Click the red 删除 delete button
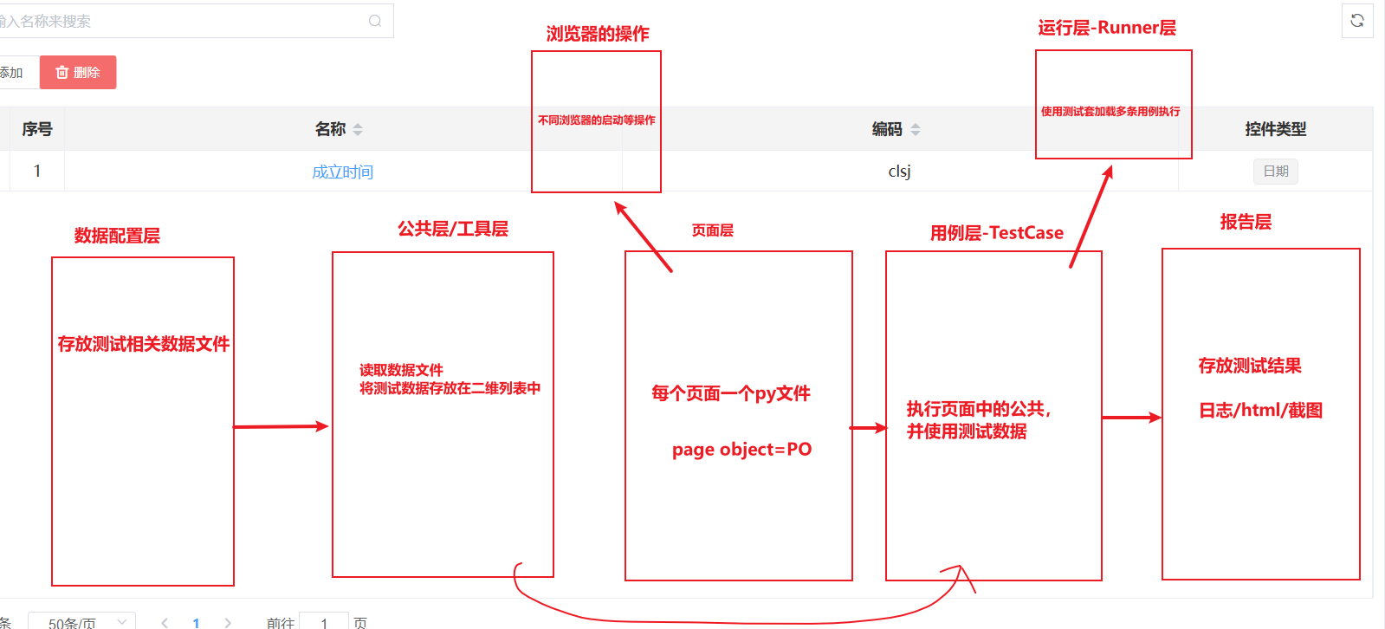[78, 73]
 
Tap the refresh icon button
[1357, 21]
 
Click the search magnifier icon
[375, 21]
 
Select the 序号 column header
[37, 129]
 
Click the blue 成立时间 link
[342, 172]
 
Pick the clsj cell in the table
[899, 172]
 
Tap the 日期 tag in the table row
[1275, 172]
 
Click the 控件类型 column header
[1275, 129]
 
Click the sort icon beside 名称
[358, 130]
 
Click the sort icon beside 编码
[916, 130]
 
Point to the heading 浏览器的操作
[598, 34]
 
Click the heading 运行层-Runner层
[1107, 28]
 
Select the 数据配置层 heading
[117, 236]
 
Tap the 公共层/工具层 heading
[452, 229]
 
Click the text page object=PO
[741, 450]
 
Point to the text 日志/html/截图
[1260, 411]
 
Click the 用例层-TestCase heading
[996, 233]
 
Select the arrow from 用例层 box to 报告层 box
[1131, 418]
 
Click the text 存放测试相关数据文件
[143, 344]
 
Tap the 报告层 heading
[1246, 222]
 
